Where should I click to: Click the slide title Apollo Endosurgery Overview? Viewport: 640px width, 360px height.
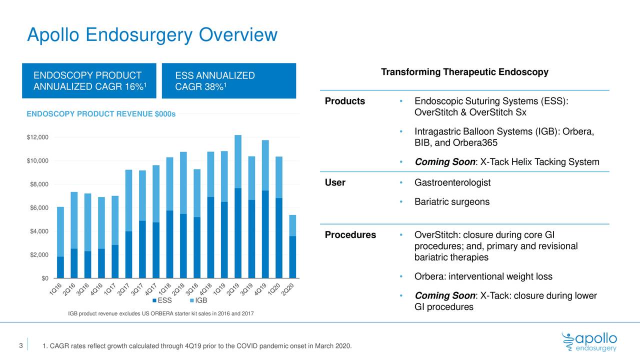pyautogui.click(x=152, y=34)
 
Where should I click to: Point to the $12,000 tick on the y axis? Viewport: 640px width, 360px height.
pyautogui.click(x=37, y=137)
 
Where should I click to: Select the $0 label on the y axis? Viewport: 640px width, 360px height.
pyautogui.click(x=44, y=278)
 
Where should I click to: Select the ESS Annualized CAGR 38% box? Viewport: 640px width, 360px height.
pyautogui.click(x=229, y=81)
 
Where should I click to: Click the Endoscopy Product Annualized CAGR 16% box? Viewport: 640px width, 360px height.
pyautogui.click(x=88, y=81)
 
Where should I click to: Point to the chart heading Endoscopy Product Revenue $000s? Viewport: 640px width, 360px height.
pyautogui.click(x=101, y=114)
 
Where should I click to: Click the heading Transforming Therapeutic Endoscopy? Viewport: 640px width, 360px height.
pyautogui.click(x=464, y=72)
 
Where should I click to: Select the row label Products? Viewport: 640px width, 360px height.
pyautogui.click(x=345, y=101)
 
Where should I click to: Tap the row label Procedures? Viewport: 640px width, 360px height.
pyautogui.click(x=350, y=235)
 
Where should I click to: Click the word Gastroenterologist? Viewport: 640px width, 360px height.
pyautogui.click(x=452, y=183)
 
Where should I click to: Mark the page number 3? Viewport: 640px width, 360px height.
pyautogui.click(x=20, y=346)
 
